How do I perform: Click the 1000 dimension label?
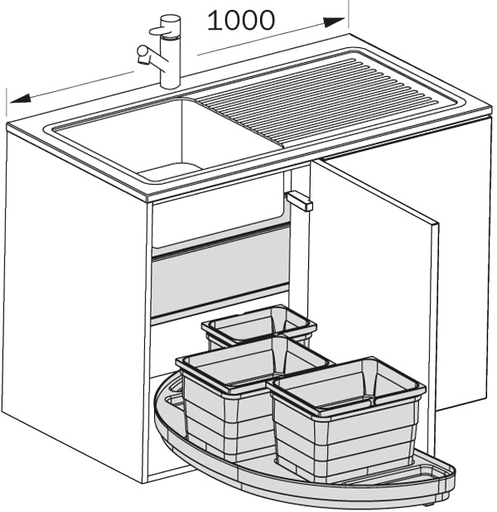(x=241, y=21)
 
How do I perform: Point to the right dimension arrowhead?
(x=334, y=22)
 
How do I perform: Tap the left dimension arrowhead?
(x=21, y=99)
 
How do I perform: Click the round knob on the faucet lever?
(x=142, y=51)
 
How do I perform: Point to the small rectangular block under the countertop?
(x=299, y=200)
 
